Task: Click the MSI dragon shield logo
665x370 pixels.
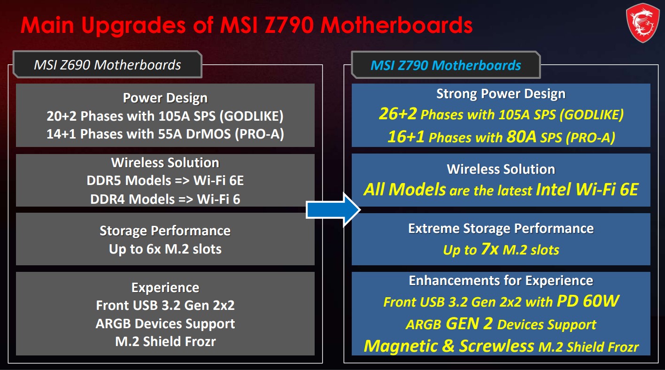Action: pyautogui.click(x=642, y=23)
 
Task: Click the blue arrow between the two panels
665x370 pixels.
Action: pyautogui.click(x=333, y=210)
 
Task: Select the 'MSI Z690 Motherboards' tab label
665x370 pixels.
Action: pyautogui.click(x=107, y=65)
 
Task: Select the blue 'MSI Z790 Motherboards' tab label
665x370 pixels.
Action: pyautogui.click(x=446, y=65)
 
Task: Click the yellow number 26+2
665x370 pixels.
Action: pyautogui.click(x=398, y=114)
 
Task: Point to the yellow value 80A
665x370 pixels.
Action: pyautogui.click(x=521, y=137)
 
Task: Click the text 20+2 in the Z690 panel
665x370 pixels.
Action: pyautogui.click(x=62, y=116)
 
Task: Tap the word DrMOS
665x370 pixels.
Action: pyautogui.click(x=208, y=134)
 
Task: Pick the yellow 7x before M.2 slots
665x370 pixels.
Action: pyautogui.click(x=489, y=249)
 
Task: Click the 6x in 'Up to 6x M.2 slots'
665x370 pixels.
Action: pyautogui.click(x=154, y=249)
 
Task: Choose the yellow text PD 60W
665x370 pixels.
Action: pyautogui.click(x=588, y=301)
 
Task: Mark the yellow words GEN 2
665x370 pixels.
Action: pyautogui.click(x=469, y=324)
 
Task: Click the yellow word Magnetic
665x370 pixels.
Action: pyautogui.click(x=401, y=346)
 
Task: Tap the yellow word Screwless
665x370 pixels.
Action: pyautogui.click(x=497, y=346)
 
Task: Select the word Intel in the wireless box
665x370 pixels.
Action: pyautogui.click(x=553, y=189)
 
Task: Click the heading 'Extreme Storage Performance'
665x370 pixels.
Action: pyautogui.click(x=501, y=229)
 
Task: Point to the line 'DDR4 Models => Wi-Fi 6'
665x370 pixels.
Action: pyautogui.click(x=165, y=199)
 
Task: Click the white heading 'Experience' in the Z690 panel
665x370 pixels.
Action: pyautogui.click(x=165, y=287)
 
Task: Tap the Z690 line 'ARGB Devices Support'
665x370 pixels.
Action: pyautogui.click(x=165, y=324)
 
